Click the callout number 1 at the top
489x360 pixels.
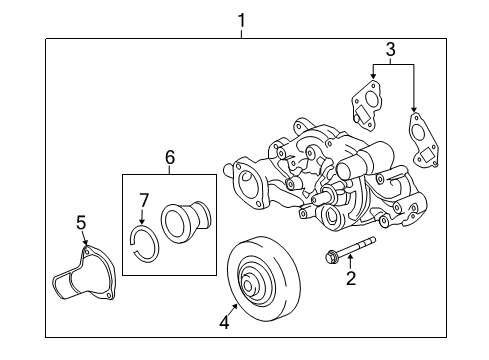(x=240, y=17)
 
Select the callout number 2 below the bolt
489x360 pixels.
(x=351, y=279)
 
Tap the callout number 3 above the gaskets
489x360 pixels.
(x=391, y=48)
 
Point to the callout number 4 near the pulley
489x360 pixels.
(x=225, y=322)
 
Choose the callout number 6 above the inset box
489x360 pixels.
(x=170, y=157)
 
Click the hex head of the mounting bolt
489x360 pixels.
(x=330, y=260)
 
